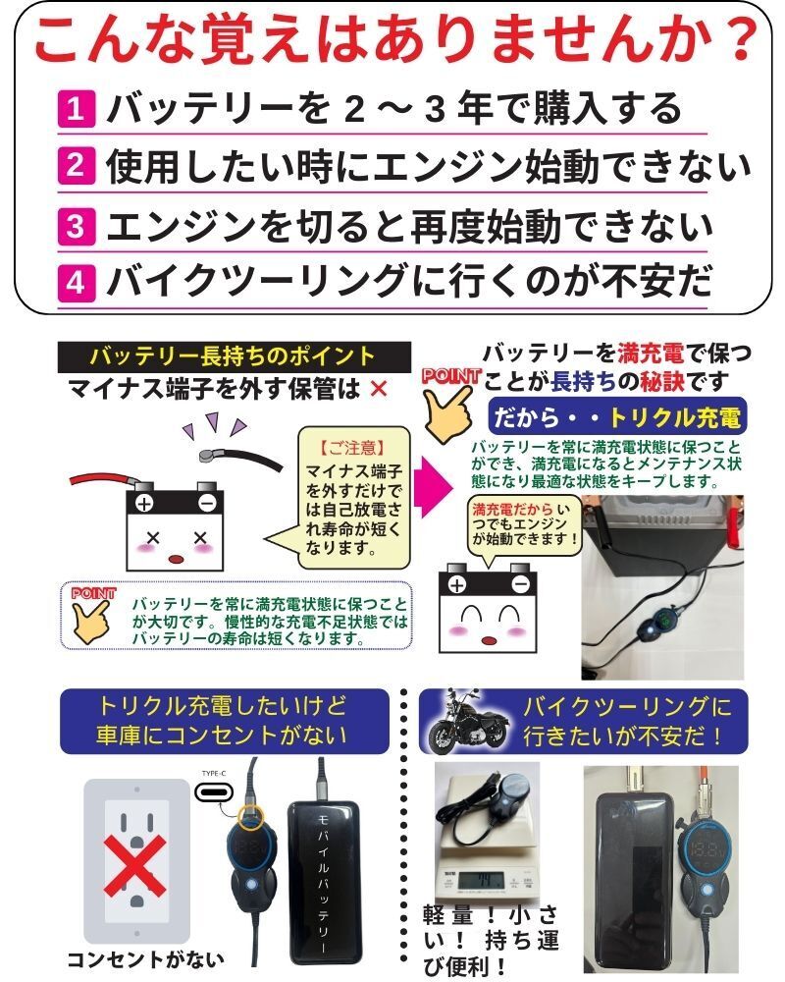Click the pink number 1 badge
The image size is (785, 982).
77,108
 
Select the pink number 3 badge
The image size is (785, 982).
77,226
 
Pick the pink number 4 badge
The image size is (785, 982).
77,283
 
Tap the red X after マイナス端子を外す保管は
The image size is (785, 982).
379,390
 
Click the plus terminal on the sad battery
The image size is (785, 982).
144,504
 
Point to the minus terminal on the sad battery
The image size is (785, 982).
207,504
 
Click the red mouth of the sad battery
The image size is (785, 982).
177,559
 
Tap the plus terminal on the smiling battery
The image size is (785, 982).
457,585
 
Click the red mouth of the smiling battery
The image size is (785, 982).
489,640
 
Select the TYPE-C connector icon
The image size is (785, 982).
214,792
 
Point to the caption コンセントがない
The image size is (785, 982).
145,959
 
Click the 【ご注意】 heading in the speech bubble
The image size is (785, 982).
352,447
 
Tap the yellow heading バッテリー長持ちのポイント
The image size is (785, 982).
233,355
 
